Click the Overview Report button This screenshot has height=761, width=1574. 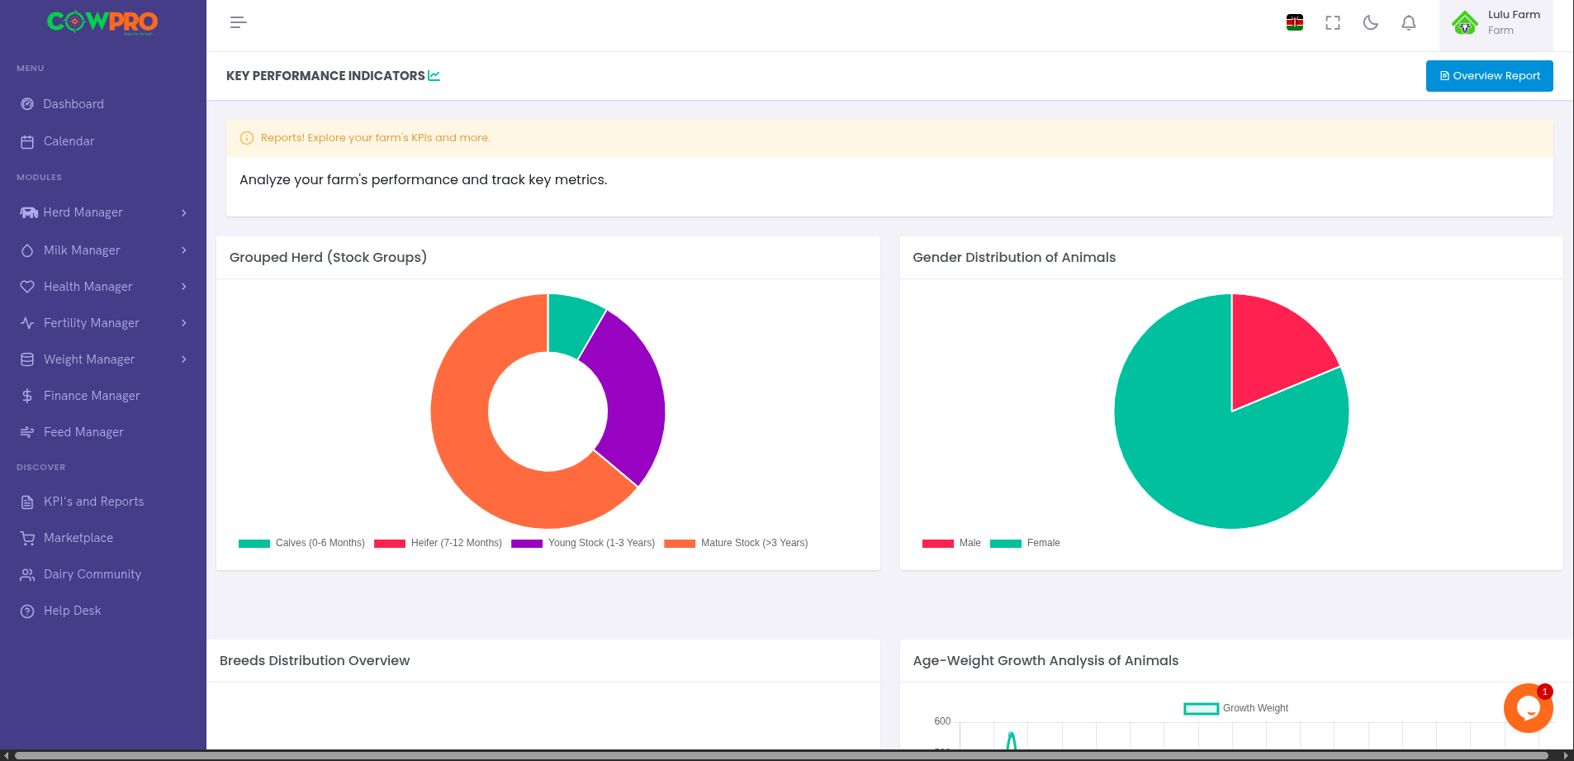(1489, 76)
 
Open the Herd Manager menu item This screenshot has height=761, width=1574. (83, 212)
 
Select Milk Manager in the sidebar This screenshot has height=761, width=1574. (82, 250)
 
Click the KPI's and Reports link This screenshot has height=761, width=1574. (93, 502)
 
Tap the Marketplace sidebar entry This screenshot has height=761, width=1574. (78, 538)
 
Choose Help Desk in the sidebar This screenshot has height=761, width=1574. (72, 611)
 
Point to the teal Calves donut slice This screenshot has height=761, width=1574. (573, 324)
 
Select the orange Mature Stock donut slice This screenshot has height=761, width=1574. (479, 446)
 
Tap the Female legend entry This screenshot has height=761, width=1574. (1026, 543)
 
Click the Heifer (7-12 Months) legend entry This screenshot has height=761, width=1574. (439, 543)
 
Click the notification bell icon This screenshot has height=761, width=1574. (1409, 23)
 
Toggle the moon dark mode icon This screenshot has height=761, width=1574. (1371, 23)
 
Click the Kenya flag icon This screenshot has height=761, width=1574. (1295, 23)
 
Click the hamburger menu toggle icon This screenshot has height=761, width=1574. (239, 22)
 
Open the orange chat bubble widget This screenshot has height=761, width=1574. (1528, 708)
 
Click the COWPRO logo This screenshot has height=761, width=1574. (102, 22)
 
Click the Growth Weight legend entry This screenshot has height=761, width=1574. (1236, 708)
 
